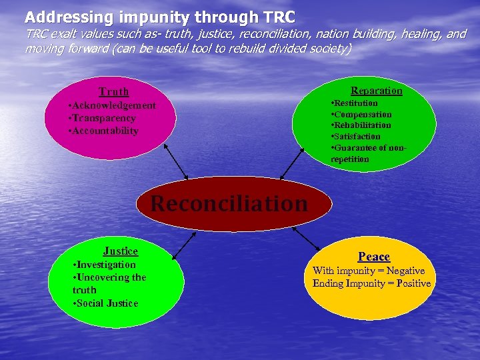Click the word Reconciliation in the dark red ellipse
point(229,203)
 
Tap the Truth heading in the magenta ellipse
point(114,92)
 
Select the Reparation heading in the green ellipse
point(377,91)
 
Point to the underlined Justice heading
point(121,251)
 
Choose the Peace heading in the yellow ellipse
point(374,257)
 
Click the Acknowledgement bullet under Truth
point(112,106)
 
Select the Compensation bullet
point(361,115)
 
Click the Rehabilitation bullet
point(361,125)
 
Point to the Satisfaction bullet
point(355,137)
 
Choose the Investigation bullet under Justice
point(104,265)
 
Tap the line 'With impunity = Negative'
point(369,271)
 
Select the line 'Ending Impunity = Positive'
point(372,283)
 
